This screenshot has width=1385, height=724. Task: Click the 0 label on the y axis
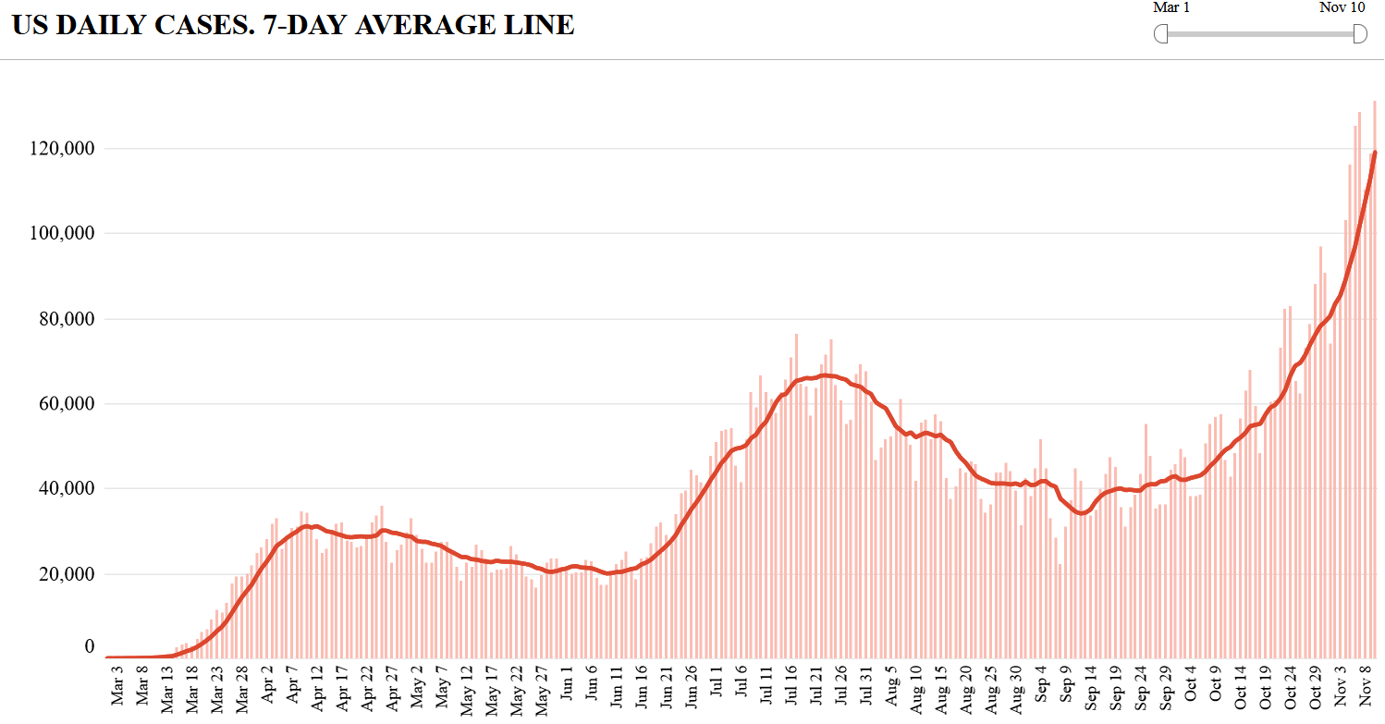coord(90,646)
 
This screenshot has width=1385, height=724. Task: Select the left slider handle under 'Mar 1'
coord(1161,34)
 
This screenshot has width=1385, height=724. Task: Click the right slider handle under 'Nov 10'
coord(1360,34)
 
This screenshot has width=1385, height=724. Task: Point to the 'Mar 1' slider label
coord(1171,7)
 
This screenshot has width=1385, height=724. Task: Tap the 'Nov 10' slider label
coord(1342,7)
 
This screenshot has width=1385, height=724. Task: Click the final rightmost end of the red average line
coord(1376,152)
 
